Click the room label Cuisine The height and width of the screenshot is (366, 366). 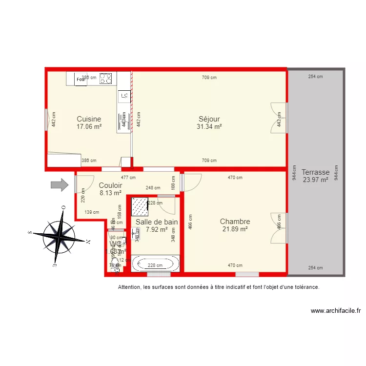[89, 119]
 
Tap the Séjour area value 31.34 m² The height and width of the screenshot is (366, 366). [209, 126]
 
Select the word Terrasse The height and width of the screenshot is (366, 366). [315, 172]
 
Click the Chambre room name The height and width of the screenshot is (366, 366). [235, 222]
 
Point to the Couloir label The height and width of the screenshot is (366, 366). [110, 185]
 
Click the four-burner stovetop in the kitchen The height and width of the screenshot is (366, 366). [106, 78]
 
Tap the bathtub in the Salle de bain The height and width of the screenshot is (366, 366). [155, 264]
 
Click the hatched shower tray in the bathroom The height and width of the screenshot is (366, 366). [140, 206]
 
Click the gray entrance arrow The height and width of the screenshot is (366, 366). [60, 184]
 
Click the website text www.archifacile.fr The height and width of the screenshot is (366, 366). [335, 310]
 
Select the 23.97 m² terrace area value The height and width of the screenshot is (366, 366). [315, 180]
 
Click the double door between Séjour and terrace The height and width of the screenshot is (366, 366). [279, 118]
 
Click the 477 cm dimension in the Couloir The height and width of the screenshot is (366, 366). [128, 178]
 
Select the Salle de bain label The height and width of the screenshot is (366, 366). [157, 222]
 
